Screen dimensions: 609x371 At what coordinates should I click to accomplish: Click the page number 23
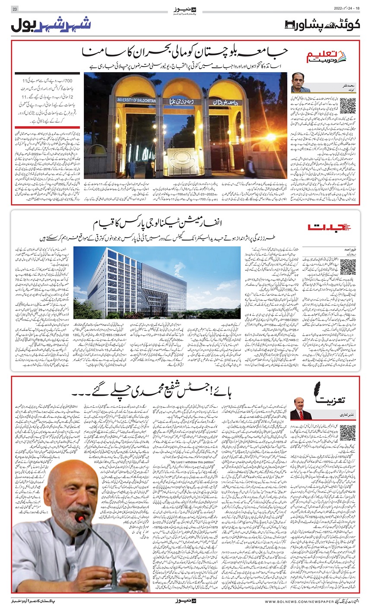pyautogui.click(x=14, y=9)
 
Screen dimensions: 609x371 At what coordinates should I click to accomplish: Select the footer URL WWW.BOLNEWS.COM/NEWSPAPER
pyautogui.click(x=314, y=601)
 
